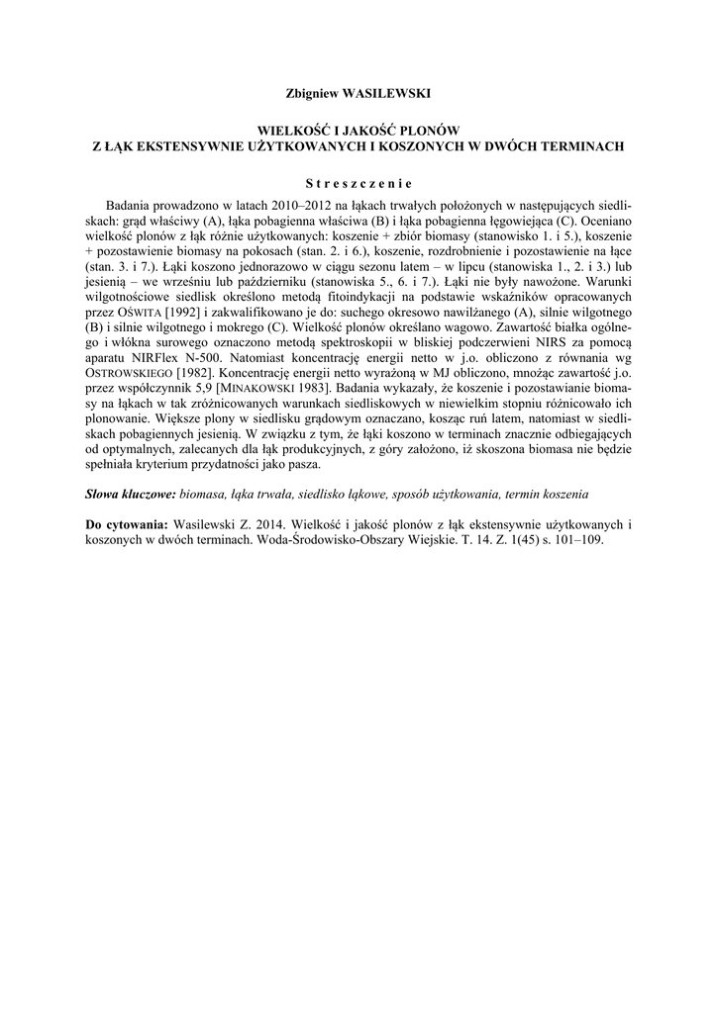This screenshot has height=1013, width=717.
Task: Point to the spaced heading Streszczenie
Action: point(357,182)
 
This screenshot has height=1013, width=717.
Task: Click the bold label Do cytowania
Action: point(127,523)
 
